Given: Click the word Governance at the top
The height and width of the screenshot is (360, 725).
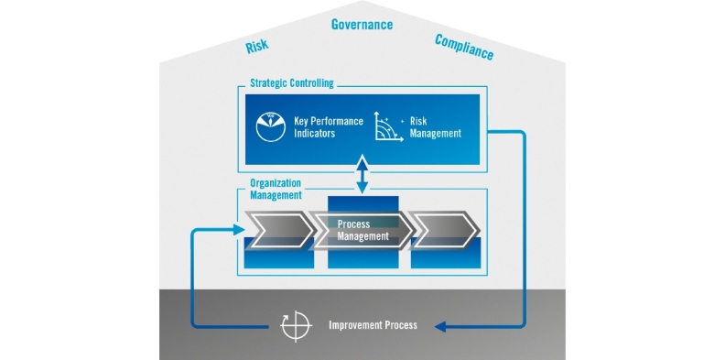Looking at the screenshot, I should coord(362,25).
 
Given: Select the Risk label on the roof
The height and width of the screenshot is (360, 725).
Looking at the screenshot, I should coord(257,47).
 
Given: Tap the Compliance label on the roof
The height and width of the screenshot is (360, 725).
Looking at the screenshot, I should coord(464,47).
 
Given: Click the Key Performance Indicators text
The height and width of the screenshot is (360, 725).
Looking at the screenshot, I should coord(330,126).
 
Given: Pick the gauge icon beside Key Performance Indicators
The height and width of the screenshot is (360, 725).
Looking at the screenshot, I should coord(271,126).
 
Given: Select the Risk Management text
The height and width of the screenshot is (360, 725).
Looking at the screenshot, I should coord(435,126).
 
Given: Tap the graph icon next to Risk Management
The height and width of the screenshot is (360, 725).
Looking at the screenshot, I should coord(389,127).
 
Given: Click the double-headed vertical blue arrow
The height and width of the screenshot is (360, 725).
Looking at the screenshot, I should coord(362,174).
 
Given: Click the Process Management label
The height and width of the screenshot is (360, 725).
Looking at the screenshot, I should coord(362,230).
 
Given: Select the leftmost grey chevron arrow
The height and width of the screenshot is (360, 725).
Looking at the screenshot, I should coord(276,230).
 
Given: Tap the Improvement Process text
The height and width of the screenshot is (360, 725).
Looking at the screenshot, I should coord(373,325).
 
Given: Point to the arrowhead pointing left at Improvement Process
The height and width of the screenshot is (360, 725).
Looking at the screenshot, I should coord(440,325).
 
